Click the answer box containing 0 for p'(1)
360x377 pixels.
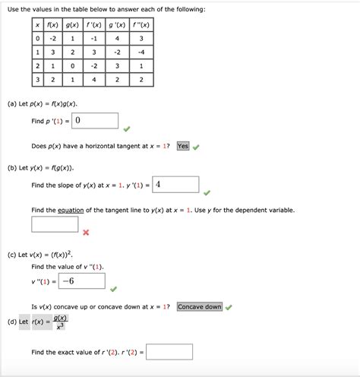96,121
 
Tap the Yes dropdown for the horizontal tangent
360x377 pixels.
182,146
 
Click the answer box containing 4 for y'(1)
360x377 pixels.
176,185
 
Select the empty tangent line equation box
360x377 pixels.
55,225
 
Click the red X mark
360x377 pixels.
86,233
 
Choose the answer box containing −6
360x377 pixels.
81,281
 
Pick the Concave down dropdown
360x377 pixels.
200,307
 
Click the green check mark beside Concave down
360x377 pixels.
229,308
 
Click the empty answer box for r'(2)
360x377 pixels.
169,352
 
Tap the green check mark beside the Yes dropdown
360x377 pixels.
196,147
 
